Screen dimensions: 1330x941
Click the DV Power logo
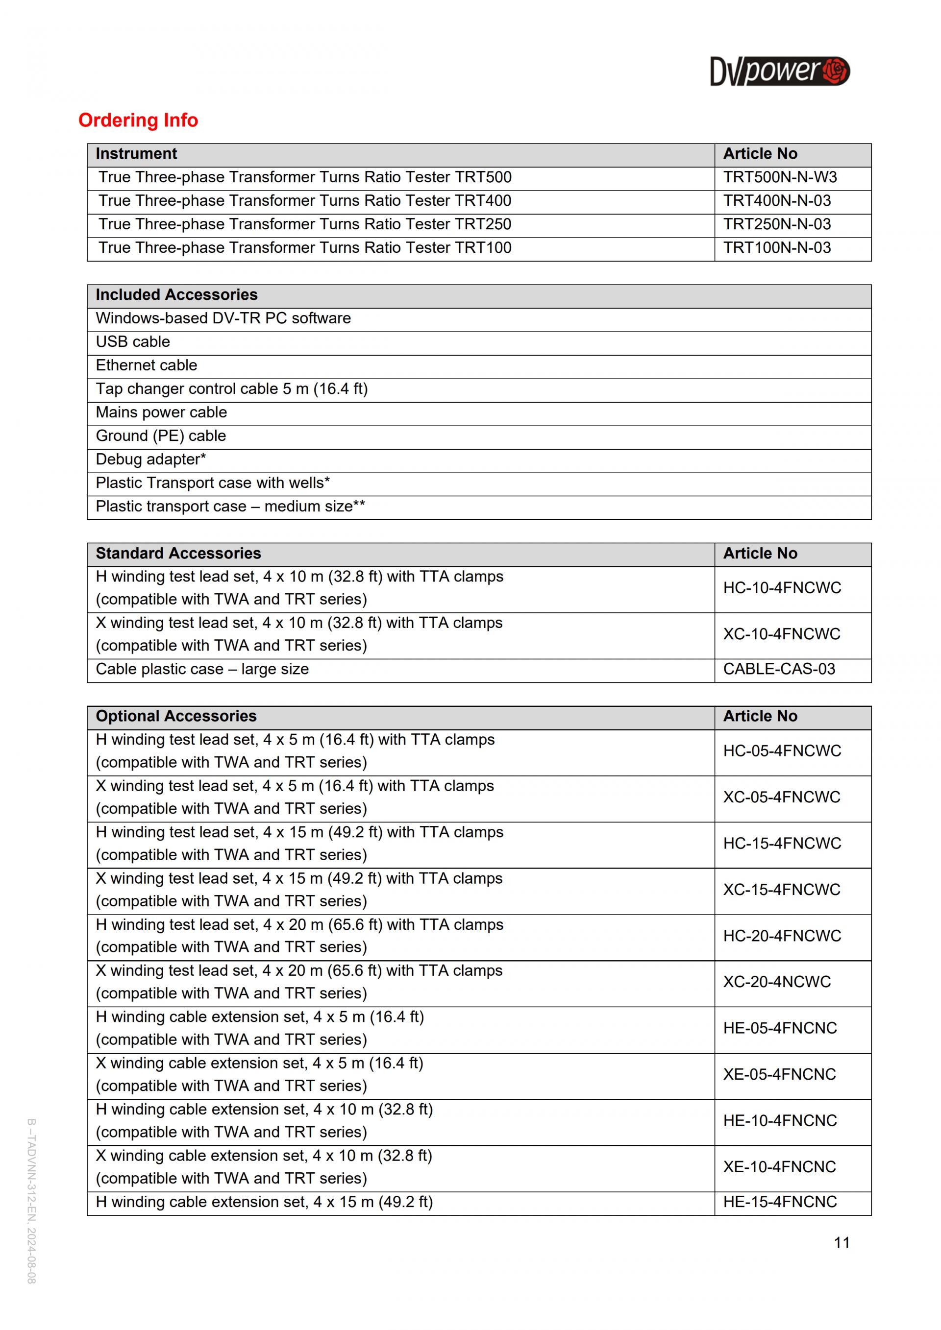tap(779, 71)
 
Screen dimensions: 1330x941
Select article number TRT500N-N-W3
tap(780, 177)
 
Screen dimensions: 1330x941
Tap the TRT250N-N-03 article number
tap(777, 224)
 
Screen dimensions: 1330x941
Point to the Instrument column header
tap(136, 153)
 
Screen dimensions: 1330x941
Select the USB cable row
tap(133, 342)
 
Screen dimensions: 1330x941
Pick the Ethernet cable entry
tap(146, 365)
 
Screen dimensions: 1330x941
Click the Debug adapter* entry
tap(150, 459)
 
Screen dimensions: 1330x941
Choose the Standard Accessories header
tap(178, 553)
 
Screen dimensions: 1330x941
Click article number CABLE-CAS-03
tap(779, 669)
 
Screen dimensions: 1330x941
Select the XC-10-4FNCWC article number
tap(782, 634)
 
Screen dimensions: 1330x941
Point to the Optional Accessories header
tap(175, 716)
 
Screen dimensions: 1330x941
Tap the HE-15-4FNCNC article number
tap(780, 1202)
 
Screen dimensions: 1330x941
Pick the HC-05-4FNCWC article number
tap(782, 751)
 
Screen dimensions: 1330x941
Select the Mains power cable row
tap(161, 412)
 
